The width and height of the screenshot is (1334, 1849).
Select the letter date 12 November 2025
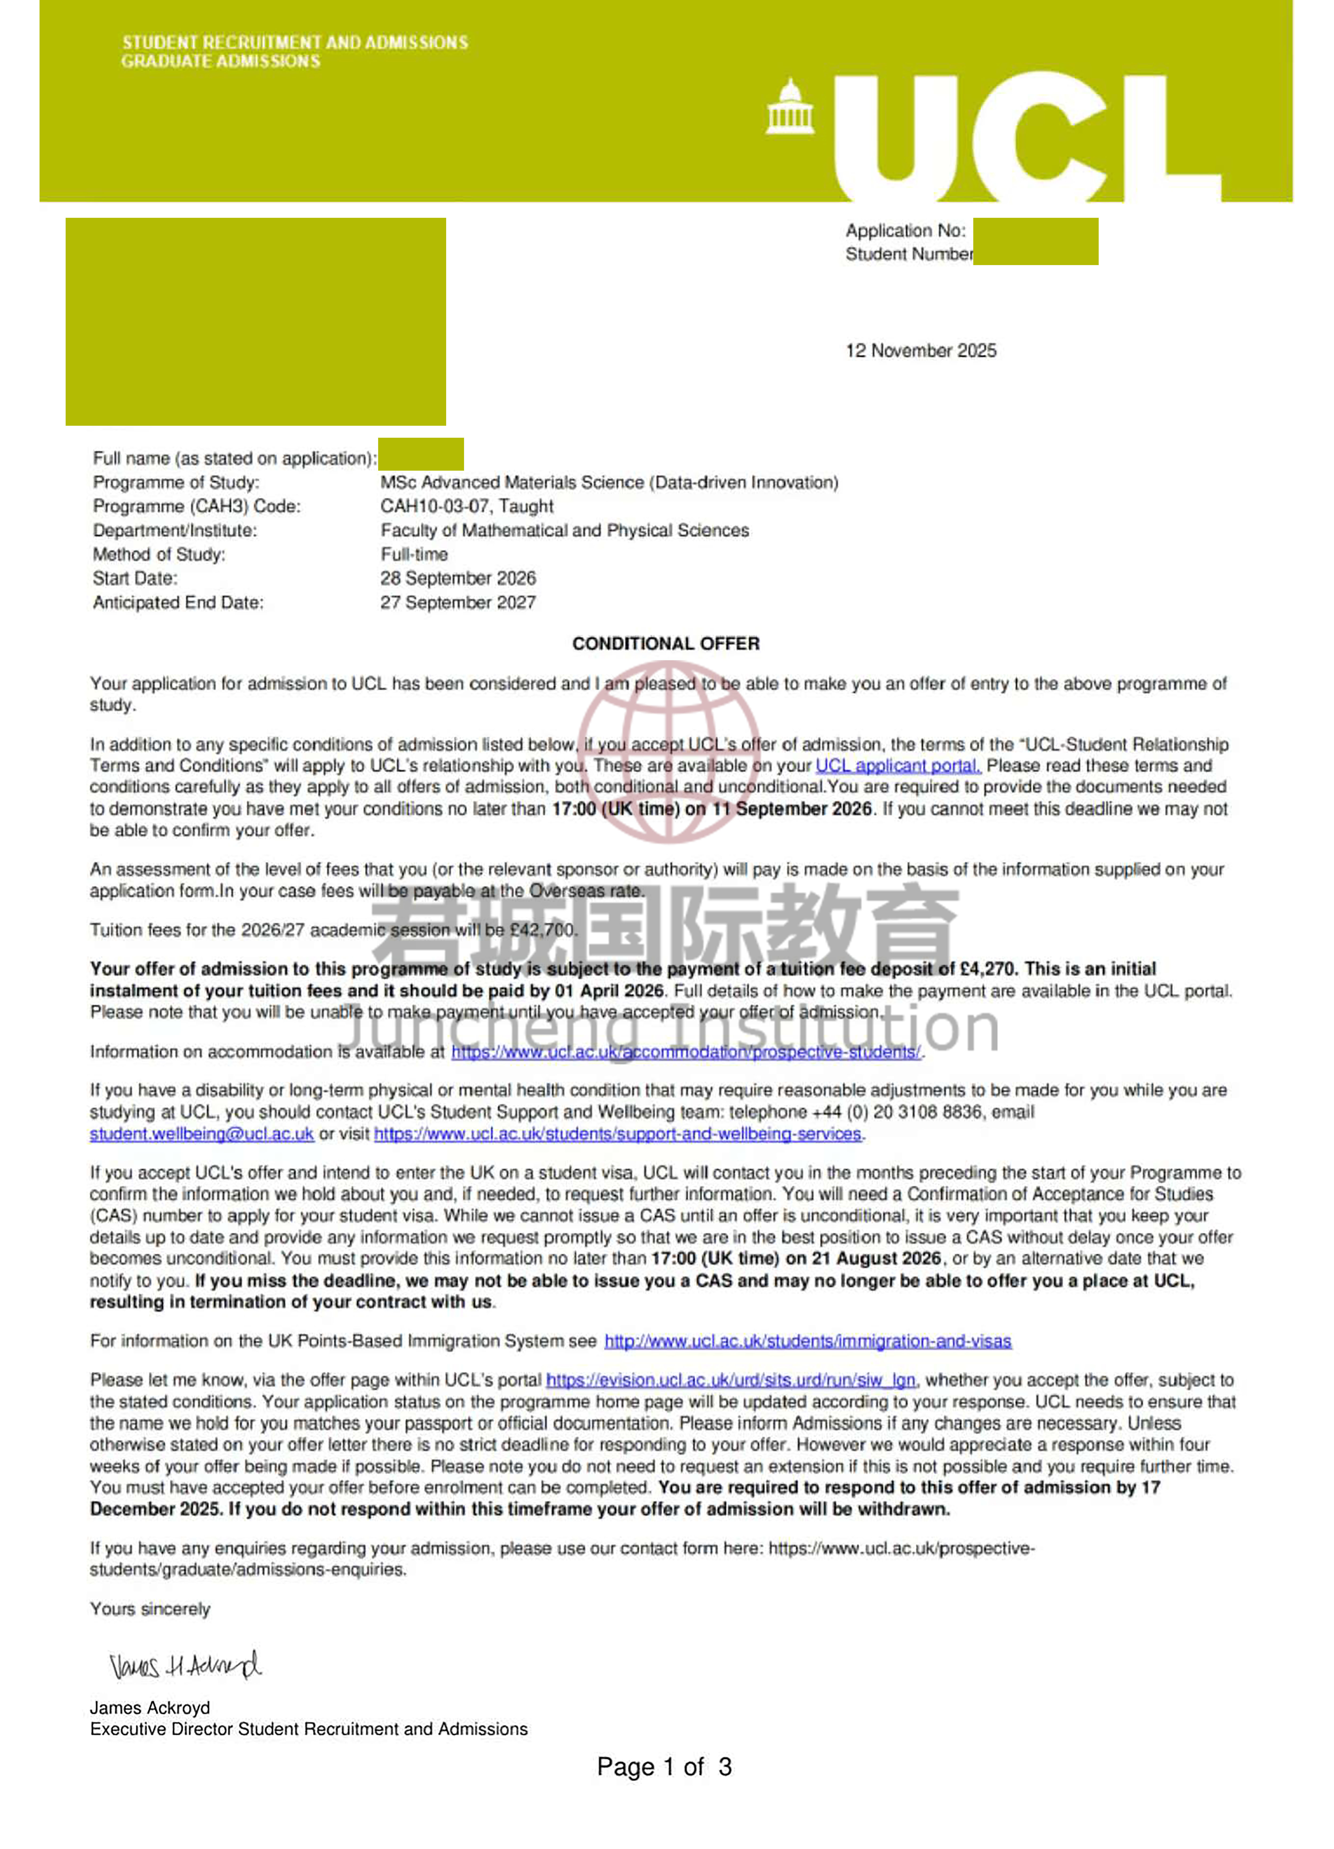tap(921, 350)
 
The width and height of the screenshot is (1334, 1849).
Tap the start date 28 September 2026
tap(457, 578)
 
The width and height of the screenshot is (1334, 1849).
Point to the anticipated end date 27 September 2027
tap(457, 602)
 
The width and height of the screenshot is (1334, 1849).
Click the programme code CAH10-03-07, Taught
tap(466, 506)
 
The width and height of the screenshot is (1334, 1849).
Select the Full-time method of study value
tap(414, 554)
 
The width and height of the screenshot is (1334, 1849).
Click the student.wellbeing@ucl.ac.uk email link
tap(201, 1134)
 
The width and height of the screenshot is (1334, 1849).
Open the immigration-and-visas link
tap(807, 1341)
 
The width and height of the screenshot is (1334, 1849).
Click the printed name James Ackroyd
tap(150, 1708)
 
